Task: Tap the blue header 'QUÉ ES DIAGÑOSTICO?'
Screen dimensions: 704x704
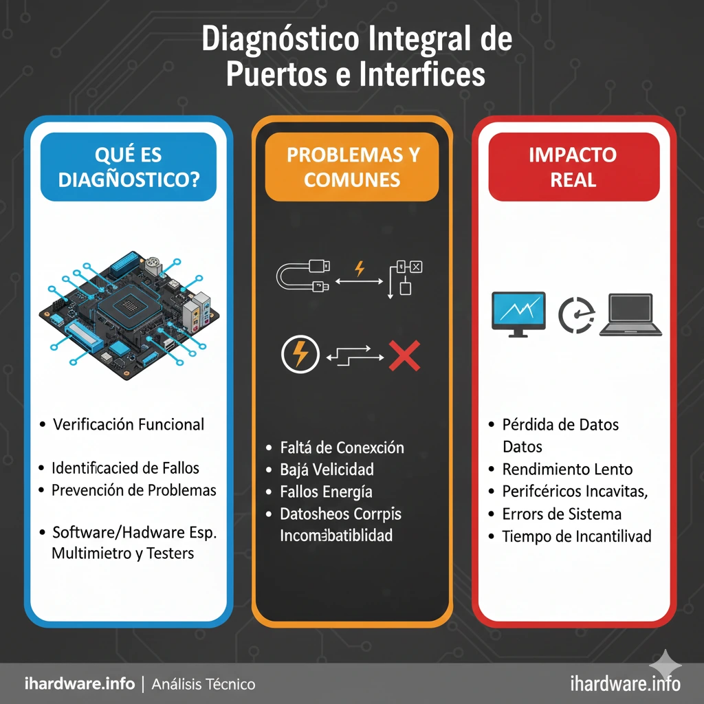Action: pos(129,167)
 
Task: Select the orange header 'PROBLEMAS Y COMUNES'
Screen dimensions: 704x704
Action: pos(352,167)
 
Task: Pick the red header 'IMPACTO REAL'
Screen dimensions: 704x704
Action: pos(573,167)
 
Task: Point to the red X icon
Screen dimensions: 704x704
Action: pos(404,355)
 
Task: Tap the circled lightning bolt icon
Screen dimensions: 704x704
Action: pos(300,355)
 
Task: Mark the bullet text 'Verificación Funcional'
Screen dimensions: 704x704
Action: pos(129,424)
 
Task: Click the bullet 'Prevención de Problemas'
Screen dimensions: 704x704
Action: pos(134,490)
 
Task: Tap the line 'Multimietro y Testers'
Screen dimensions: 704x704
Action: pos(123,553)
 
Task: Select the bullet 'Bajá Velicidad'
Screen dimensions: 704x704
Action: pos(327,470)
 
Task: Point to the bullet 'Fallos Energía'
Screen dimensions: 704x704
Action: pos(326,492)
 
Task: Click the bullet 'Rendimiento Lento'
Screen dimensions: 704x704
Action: pos(567,470)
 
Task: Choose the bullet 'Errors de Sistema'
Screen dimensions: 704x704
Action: pos(562,514)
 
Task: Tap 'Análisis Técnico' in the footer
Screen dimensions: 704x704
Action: pos(203,684)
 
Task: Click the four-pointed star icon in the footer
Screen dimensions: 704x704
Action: pos(666,665)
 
